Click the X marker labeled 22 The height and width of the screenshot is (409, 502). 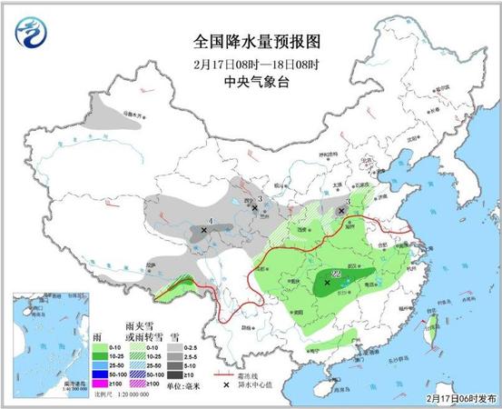click(x=328, y=283)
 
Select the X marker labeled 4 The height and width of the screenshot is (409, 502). click(x=203, y=231)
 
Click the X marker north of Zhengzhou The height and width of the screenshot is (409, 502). click(x=341, y=210)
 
